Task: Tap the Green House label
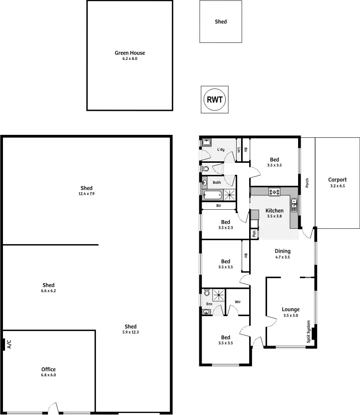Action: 130,53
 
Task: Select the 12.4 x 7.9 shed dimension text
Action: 86,194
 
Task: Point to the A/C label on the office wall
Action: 9,344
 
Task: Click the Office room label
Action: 48,370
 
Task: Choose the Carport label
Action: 337,180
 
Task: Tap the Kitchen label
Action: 275,211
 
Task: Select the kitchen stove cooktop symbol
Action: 275,191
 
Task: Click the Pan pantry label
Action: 254,233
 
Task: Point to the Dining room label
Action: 283,251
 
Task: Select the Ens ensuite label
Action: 208,304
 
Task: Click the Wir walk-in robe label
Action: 238,302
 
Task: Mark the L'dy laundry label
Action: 221,149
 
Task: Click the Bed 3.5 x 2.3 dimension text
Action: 226,228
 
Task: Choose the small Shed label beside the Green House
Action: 221,22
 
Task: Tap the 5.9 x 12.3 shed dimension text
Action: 130,332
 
